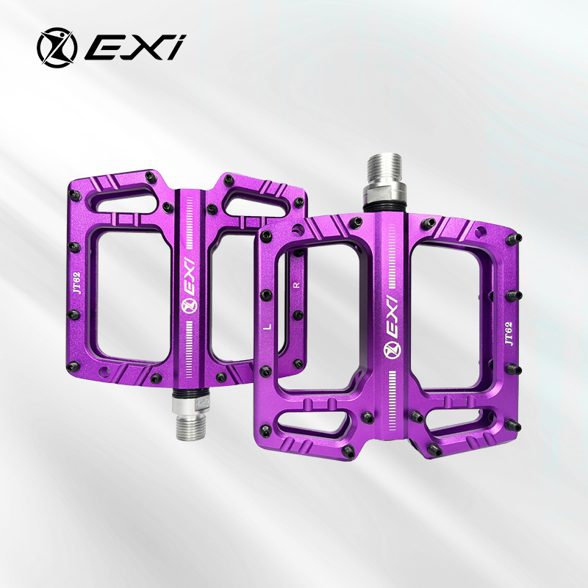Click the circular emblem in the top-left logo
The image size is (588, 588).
click(x=57, y=47)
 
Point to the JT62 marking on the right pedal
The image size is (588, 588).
click(x=508, y=334)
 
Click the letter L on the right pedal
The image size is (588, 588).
click(x=268, y=326)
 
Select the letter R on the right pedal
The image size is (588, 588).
click(x=298, y=285)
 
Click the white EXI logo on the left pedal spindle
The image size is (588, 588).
click(x=190, y=285)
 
